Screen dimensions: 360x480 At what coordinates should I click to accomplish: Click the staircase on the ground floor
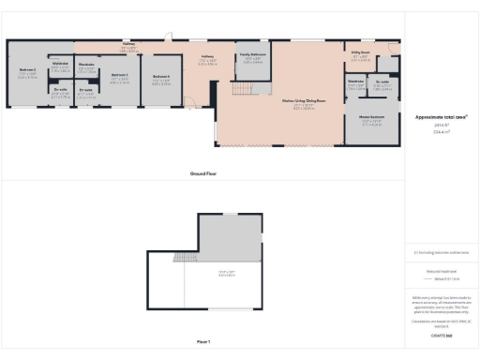[241, 88]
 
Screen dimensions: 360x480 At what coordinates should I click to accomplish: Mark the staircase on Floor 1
[186, 256]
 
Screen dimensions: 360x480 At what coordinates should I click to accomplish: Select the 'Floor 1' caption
[202, 341]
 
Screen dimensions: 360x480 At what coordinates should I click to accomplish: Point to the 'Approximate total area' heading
[440, 117]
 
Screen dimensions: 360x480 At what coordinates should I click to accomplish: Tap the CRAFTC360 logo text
[440, 335]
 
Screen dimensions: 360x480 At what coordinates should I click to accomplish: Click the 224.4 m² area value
[440, 133]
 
